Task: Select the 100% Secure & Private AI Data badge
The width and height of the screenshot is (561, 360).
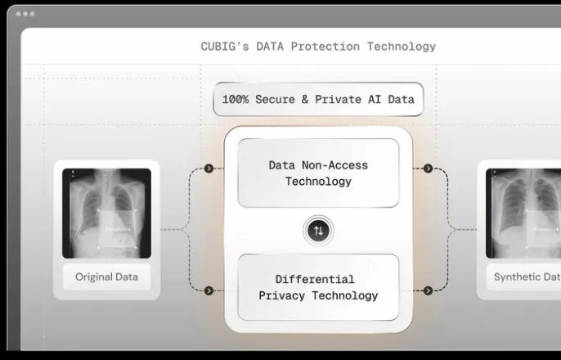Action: coord(318,100)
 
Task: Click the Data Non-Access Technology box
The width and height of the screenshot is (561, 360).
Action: coord(318,173)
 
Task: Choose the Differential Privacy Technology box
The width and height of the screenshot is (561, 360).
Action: coord(318,287)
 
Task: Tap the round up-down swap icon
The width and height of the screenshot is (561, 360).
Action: coord(318,231)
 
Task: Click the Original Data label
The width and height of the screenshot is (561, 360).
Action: coord(106,277)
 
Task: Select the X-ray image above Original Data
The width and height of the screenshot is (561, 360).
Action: coord(106,214)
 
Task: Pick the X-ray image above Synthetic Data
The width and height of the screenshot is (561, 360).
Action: coord(523,214)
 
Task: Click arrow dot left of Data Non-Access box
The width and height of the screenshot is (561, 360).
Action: coord(209,169)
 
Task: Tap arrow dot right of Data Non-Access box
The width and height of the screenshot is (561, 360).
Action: coord(428,169)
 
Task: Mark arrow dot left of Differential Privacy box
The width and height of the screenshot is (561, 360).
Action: coord(209,290)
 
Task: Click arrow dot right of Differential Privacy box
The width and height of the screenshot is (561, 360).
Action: coord(428,290)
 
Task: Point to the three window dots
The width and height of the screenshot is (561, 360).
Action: coord(25,14)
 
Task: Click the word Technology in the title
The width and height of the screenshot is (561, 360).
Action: coord(401,47)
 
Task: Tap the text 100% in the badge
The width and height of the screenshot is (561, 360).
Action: coord(236,100)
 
